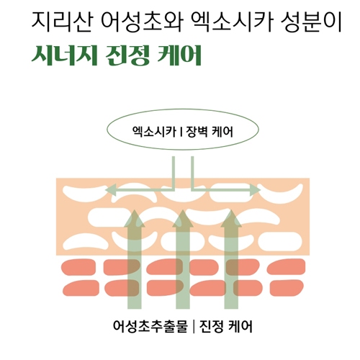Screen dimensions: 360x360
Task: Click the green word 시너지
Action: [x=65, y=55]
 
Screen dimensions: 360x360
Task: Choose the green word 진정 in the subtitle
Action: [x=127, y=55]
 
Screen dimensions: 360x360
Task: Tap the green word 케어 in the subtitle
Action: [x=179, y=55]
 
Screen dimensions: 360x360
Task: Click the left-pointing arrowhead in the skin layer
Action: [x=111, y=190]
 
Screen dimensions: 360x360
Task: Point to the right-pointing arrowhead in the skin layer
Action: [x=255, y=190]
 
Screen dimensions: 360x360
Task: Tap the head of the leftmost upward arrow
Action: [x=135, y=219]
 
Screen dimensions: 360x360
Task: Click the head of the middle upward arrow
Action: [x=183, y=219]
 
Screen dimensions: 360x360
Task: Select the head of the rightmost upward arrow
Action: [x=231, y=219]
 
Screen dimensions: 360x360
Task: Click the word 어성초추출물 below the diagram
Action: [x=150, y=326]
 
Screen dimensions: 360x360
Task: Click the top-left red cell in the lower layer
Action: [x=78, y=267]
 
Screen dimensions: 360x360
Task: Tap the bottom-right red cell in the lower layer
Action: [x=287, y=288]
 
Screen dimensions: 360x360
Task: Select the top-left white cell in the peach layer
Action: [x=85, y=193]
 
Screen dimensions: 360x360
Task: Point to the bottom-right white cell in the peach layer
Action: [x=280, y=241]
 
